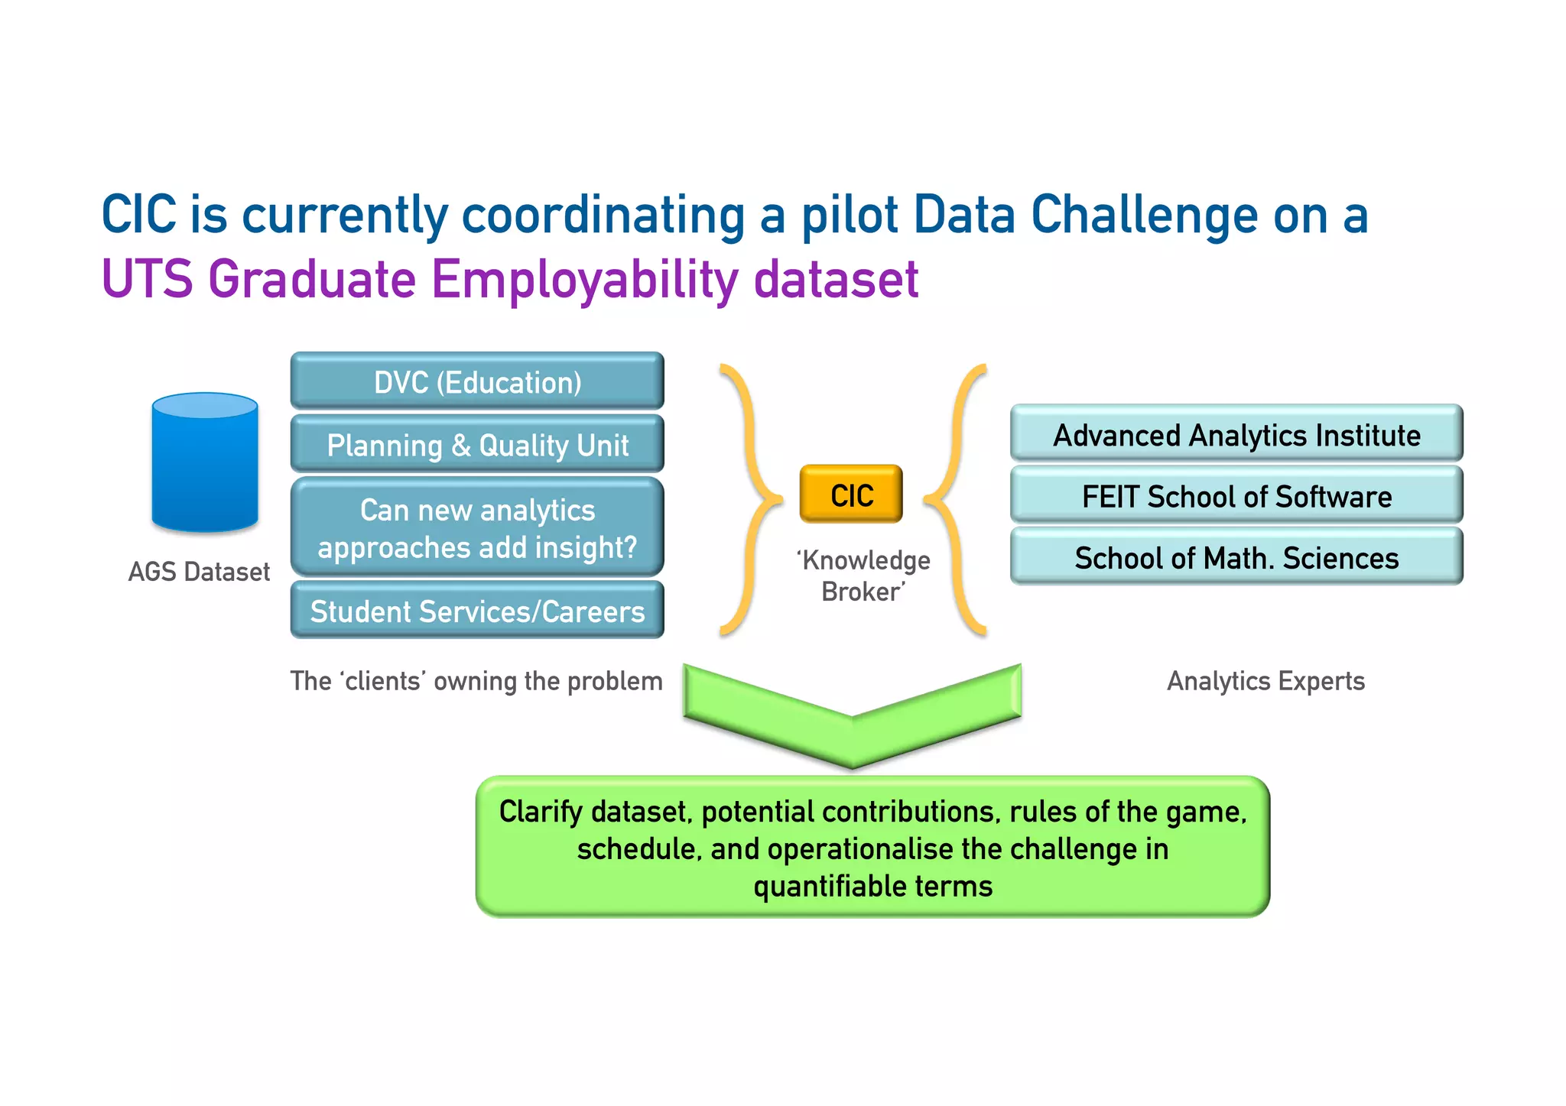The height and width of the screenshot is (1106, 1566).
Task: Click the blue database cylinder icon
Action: pos(205,462)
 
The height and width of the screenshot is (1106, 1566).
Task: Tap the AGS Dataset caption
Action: pos(199,572)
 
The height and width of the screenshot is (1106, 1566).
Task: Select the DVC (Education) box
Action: pos(477,381)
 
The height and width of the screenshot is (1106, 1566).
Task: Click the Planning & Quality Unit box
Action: pos(477,445)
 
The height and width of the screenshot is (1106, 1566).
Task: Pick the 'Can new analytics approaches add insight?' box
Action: pos(477,527)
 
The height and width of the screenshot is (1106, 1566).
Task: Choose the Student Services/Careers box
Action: pos(477,611)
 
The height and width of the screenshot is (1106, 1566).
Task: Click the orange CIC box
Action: pos(851,495)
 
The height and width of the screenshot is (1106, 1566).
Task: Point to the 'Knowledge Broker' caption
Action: pos(864,576)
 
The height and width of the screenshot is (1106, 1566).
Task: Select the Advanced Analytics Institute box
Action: pos(1236,434)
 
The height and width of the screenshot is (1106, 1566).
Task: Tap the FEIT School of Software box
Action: pos(1236,496)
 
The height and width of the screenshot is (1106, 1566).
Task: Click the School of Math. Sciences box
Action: pos(1236,557)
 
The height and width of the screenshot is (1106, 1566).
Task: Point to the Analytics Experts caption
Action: pos(1265,680)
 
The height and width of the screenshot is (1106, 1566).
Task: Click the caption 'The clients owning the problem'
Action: pos(476,680)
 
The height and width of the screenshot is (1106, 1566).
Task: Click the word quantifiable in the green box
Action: pos(830,887)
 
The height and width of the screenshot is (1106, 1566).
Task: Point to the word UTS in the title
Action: pos(147,279)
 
